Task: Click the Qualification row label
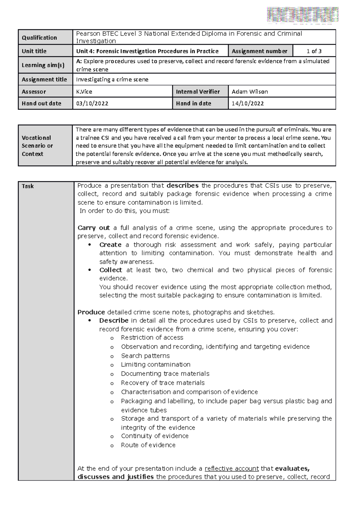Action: point(39,37)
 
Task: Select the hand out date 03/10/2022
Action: point(92,103)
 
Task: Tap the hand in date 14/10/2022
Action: point(248,103)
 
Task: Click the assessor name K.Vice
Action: point(84,92)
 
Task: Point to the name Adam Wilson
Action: point(250,92)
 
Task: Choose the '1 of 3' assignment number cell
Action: point(314,51)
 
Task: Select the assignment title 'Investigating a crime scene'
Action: point(112,79)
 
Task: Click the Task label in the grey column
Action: point(28,186)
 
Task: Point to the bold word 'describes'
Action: point(182,186)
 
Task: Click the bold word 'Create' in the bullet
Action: point(110,245)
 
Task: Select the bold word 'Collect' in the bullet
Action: point(111,270)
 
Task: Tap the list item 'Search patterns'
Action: point(145,356)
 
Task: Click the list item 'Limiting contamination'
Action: point(155,365)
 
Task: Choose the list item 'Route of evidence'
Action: point(148,445)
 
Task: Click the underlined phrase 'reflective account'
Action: point(232,469)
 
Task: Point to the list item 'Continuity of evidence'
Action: point(155,436)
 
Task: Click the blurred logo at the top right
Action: point(303,14)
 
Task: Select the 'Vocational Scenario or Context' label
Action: point(37,146)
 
